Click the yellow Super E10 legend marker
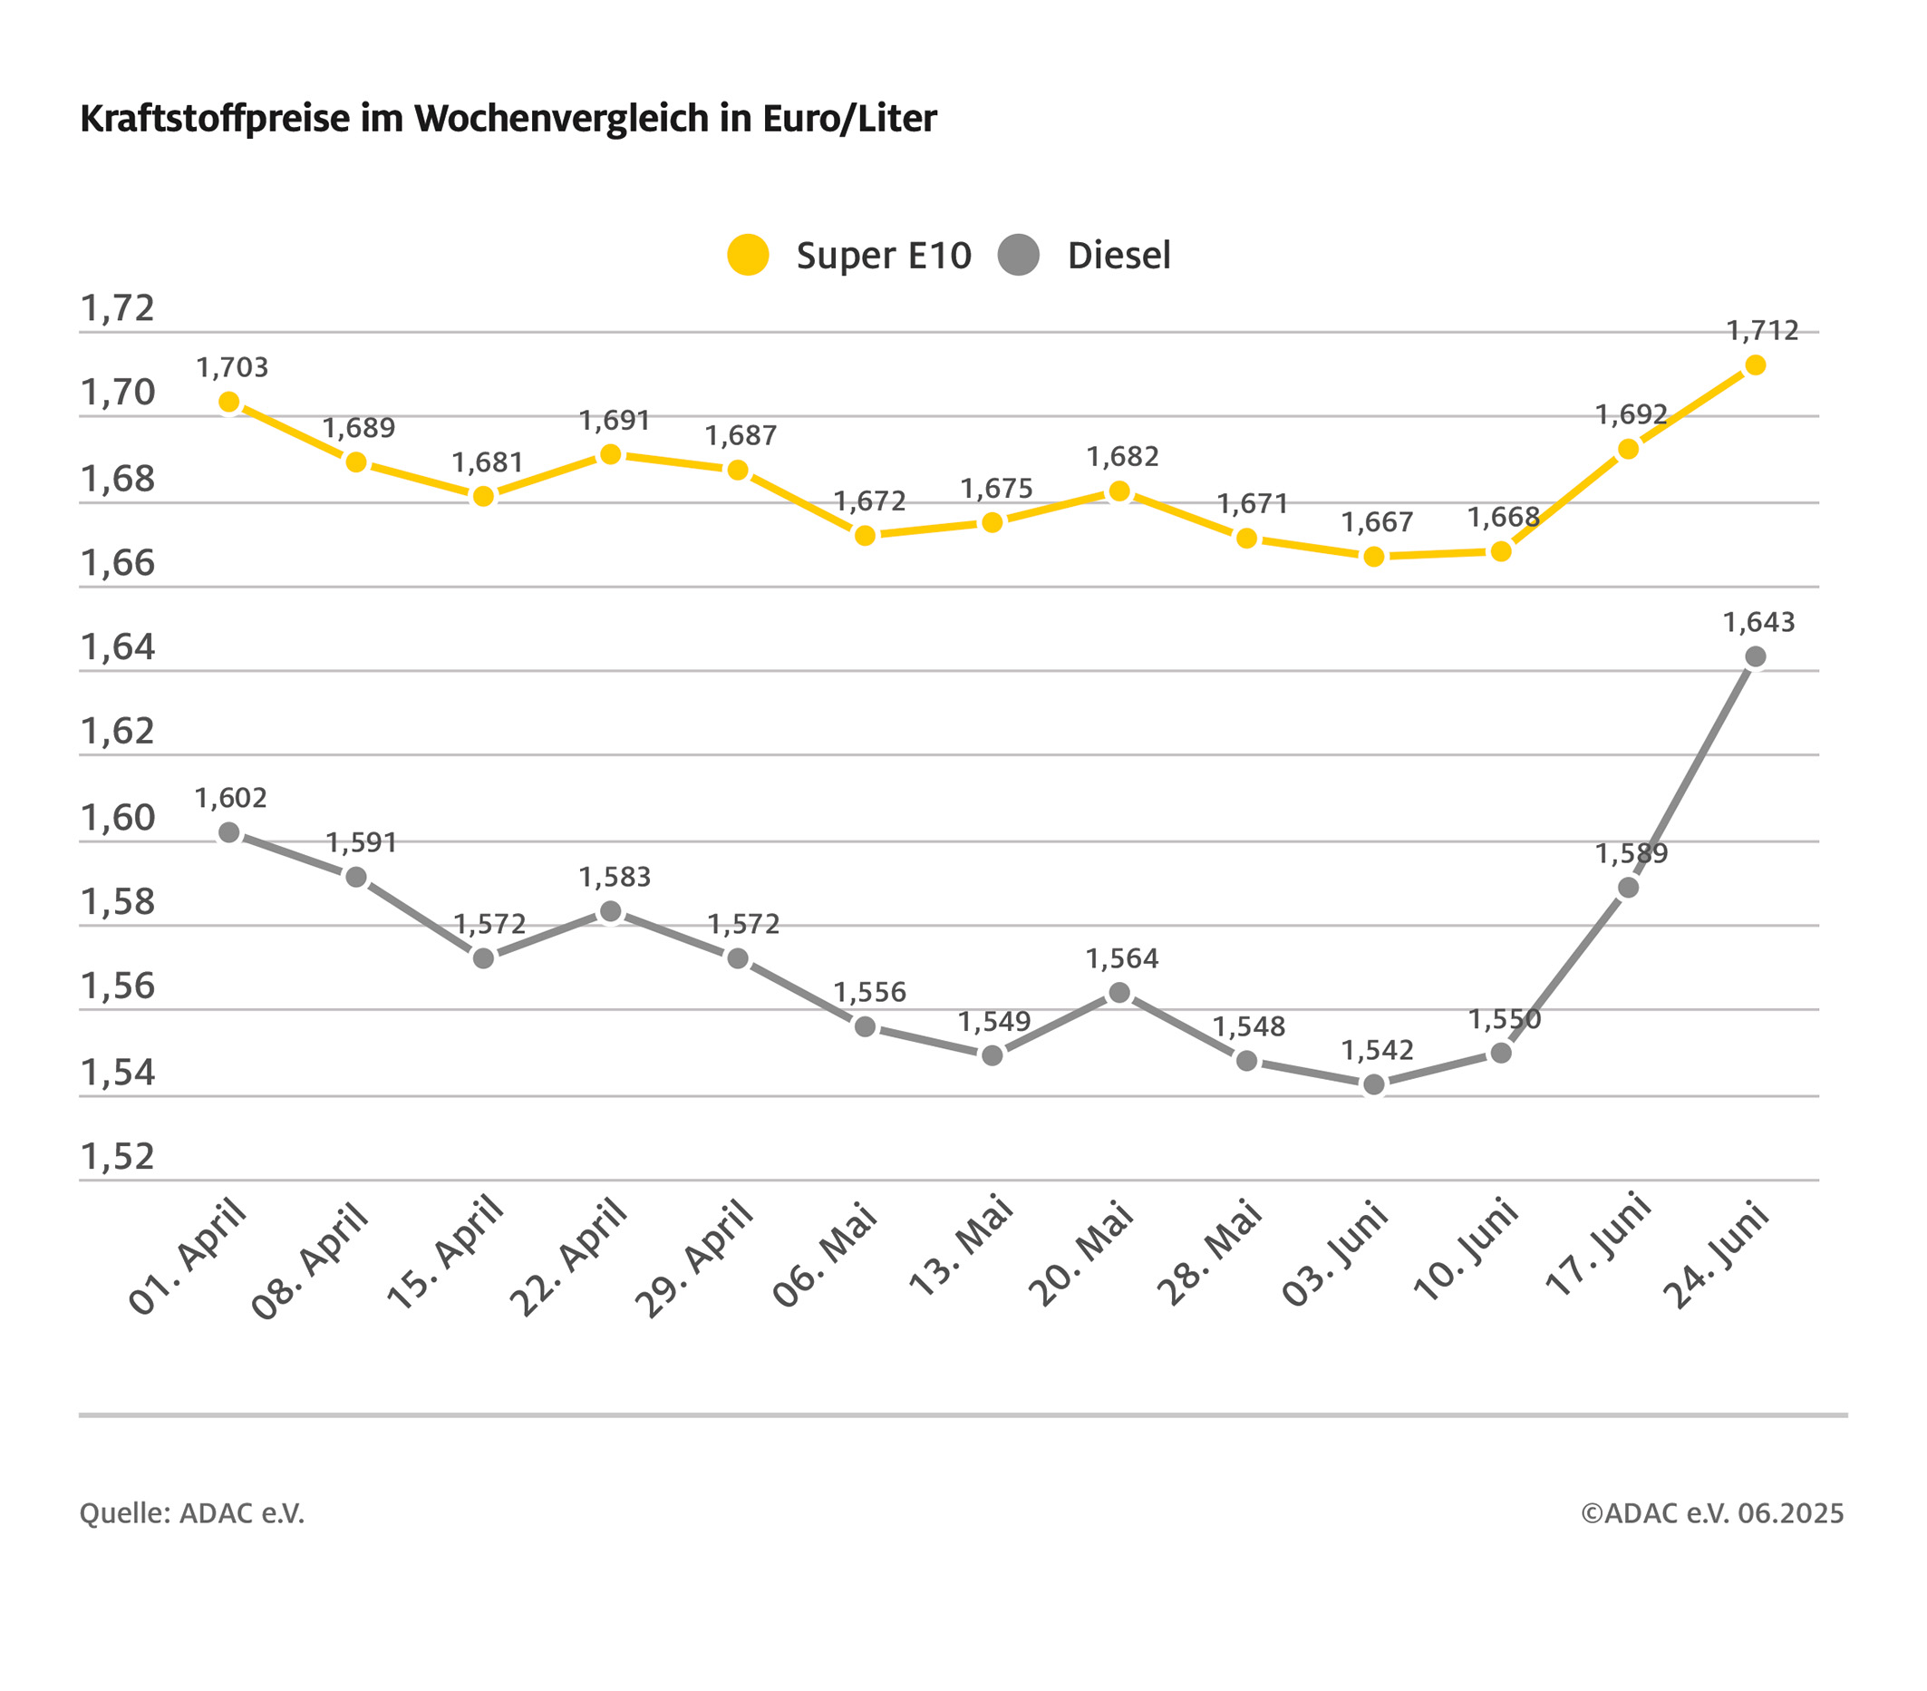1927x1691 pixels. coord(748,255)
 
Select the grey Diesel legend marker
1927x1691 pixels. coord(1018,255)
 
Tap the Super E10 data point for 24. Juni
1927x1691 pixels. coord(1755,365)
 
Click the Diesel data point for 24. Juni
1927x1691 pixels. coord(1755,656)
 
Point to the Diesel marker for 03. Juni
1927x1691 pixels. coord(1373,1084)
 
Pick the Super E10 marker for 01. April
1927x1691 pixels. coord(229,403)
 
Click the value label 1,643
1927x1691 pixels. coord(1758,623)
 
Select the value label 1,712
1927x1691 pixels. coord(1762,331)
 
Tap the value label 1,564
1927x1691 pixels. coord(1121,959)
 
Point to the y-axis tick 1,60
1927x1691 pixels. coord(118,818)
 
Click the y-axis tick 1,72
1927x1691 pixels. coord(118,308)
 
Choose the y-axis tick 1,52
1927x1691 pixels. coord(118,1156)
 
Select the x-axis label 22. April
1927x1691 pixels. coord(567,1259)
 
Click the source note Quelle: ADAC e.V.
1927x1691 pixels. coord(192,1513)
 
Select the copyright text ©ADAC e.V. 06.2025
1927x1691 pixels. coord(1712,1513)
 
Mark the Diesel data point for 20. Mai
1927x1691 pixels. coord(1119,992)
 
